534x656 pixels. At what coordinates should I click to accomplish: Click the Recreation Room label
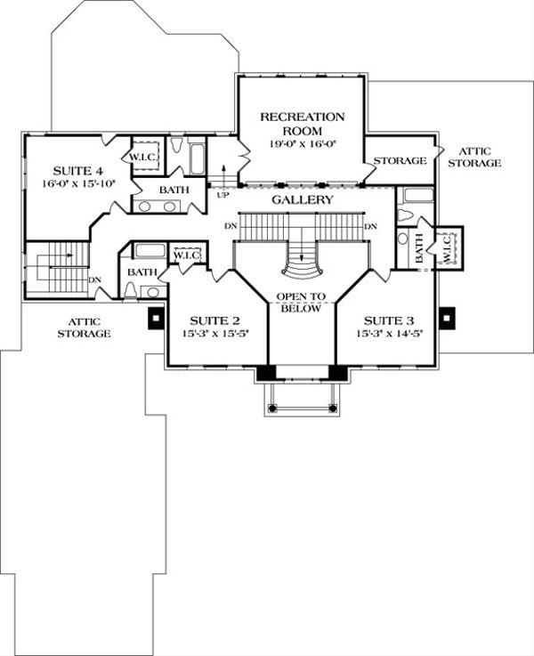302,124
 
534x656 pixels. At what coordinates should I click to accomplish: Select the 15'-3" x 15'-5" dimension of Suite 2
216,334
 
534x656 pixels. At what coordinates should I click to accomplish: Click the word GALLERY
303,200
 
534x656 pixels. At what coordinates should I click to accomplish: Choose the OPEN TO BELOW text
302,303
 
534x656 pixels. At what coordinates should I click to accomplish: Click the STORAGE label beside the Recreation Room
397,161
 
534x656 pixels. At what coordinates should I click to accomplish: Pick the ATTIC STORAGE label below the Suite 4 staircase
85,327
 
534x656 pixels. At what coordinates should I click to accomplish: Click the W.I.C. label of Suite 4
144,157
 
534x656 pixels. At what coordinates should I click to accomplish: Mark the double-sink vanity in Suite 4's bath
158,207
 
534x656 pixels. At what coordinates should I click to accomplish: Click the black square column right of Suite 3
447,316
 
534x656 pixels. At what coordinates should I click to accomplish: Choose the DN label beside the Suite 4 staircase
95,279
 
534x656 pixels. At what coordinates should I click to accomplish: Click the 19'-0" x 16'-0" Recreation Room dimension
302,142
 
